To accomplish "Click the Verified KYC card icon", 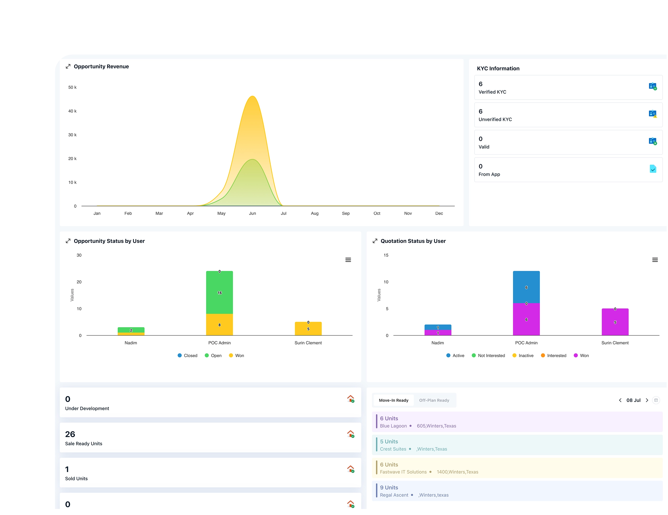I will pos(652,86).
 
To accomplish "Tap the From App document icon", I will pos(653,169).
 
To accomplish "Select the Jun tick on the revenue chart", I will pos(252,213).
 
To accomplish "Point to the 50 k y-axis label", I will pos(72,87).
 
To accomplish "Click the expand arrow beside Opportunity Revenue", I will pos(68,66).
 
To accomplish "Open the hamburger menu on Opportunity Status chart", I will pos(348,260).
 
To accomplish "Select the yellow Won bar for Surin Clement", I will pos(308,329).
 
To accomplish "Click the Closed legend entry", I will pos(187,355).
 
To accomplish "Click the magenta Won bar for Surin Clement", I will pos(615,322).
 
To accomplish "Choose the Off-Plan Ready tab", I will pos(434,400).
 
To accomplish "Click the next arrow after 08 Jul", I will pos(647,400).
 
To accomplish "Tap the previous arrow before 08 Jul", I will pos(620,400).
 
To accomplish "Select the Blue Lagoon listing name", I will pos(393,426).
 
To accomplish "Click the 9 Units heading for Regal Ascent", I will pos(389,488).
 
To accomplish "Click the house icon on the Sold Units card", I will pos(351,469).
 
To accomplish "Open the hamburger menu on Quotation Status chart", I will pos(655,260).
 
